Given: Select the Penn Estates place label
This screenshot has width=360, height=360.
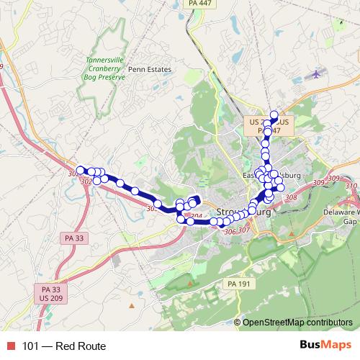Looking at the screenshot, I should click(150, 69).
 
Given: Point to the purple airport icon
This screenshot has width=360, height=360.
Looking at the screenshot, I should click(316, 74).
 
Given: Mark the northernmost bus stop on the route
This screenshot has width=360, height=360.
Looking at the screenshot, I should click(274, 114).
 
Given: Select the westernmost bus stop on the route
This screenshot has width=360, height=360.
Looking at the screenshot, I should click(81, 170).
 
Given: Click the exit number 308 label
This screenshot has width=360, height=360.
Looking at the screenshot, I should click(291, 197).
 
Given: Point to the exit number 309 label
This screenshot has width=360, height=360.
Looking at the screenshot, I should click(333, 179).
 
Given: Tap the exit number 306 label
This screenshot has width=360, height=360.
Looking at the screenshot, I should click(230, 232).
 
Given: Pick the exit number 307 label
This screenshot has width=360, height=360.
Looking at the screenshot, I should click(243, 230).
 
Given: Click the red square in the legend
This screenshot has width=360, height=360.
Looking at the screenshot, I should click(10, 346).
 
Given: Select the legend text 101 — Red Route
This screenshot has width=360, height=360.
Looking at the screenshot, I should click(63, 346).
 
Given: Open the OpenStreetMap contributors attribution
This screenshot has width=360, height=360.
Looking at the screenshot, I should click(297, 323).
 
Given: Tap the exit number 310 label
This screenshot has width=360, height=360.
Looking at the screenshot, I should click(351, 186).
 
